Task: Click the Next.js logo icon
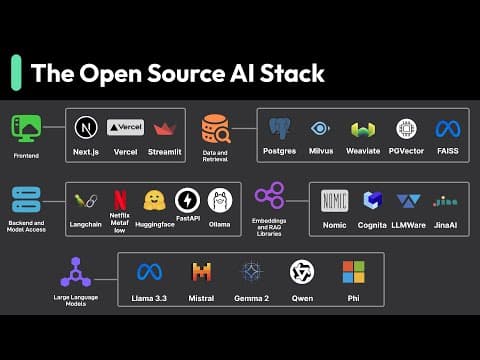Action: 84,128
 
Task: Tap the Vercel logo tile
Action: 125,128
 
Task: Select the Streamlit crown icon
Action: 165,129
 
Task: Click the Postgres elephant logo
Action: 280,129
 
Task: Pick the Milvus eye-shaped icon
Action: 320,128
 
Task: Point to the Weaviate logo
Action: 362,129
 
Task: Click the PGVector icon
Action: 405,129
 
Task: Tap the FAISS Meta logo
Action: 446,129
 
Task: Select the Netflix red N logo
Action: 120,199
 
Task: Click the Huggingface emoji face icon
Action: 154,199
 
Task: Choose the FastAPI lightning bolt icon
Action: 187,199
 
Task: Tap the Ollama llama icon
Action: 220,199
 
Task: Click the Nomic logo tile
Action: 333,200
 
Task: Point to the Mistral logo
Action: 202,271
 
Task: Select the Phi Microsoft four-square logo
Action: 353,271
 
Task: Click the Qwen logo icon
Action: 302,271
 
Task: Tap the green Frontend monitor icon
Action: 26,129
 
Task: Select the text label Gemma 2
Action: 252,298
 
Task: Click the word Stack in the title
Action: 293,73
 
